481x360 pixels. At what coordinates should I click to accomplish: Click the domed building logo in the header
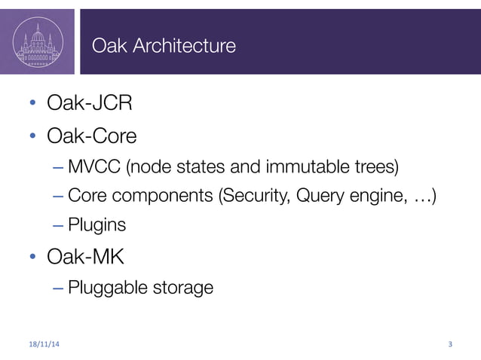pyautogui.click(x=38, y=42)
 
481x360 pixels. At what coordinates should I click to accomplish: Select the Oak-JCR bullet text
pyautogui.click(x=84, y=102)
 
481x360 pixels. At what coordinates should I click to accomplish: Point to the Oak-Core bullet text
pyautogui.click(x=91, y=136)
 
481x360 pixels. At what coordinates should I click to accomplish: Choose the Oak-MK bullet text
pyautogui.click(x=85, y=257)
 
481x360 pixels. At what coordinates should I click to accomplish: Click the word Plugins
pyautogui.click(x=97, y=225)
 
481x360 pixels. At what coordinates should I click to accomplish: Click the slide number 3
pyautogui.click(x=450, y=345)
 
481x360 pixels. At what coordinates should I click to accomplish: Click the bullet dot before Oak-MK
pyautogui.click(x=33, y=258)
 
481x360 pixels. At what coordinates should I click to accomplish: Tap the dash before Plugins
pyautogui.click(x=58, y=225)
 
